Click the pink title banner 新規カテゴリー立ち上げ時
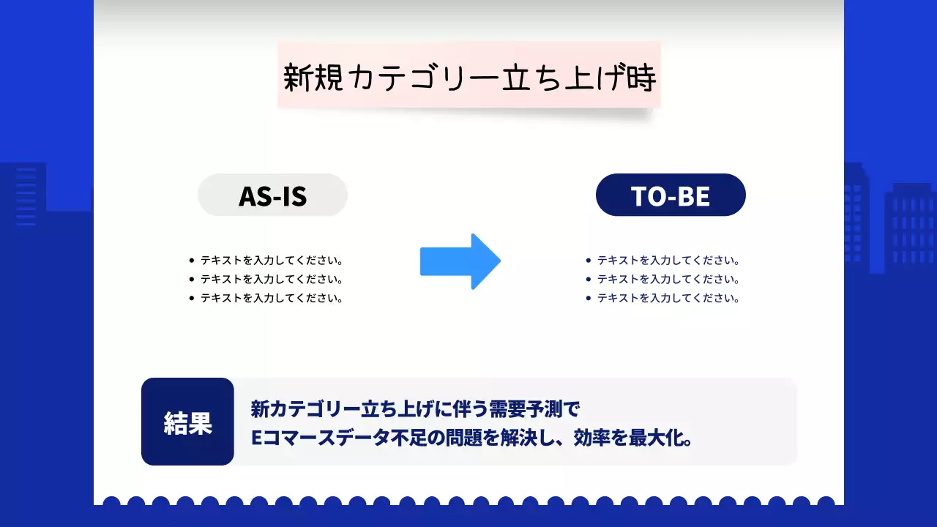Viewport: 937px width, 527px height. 468,76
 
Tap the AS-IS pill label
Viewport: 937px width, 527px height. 272,195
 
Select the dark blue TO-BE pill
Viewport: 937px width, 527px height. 671,195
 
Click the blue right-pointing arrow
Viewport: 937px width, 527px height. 460,261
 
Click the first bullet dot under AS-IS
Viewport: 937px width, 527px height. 192,260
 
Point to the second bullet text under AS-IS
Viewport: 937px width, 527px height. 272,279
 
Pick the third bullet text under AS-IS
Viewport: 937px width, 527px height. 272,298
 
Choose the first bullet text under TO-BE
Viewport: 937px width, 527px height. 668,260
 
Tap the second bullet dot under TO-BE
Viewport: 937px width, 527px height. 589,279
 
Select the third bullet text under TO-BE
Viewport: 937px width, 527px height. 668,298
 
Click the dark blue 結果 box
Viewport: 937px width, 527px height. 187,422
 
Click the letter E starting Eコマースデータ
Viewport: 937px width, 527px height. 256,438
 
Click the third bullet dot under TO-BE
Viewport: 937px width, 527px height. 589,298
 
